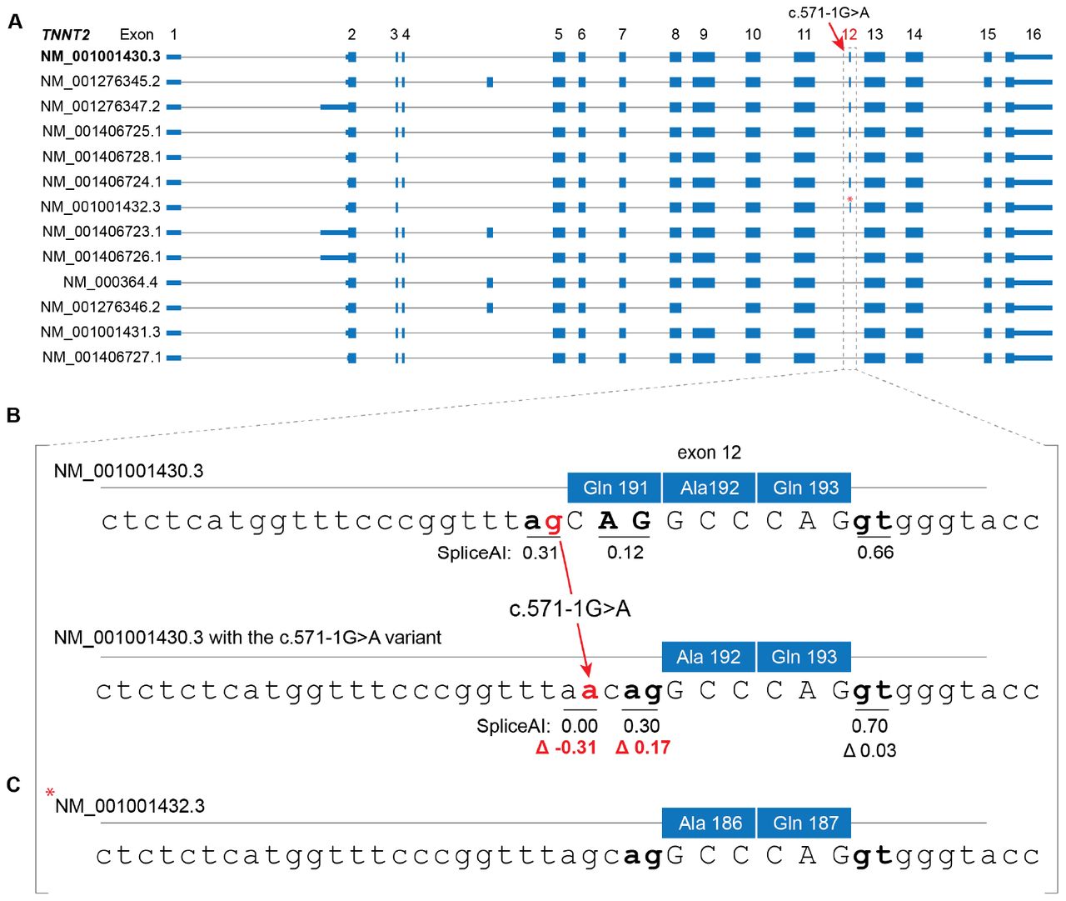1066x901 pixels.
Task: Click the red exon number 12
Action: (x=849, y=34)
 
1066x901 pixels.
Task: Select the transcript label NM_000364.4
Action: (x=110, y=282)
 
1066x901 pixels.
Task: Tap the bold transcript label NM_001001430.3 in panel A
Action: (x=101, y=56)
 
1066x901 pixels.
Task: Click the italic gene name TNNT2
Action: (x=65, y=35)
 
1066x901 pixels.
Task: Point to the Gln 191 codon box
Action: (x=614, y=488)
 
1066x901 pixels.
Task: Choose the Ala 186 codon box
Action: (x=709, y=823)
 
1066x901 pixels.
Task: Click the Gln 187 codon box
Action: (x=804, y=823)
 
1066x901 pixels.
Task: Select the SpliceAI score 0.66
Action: (x=875, y=553)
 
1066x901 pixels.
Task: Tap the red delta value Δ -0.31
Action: (x=565, y=748)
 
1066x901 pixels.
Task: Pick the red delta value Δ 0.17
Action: (x=642, y=748)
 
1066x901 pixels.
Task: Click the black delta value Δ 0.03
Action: (x=869, y=750)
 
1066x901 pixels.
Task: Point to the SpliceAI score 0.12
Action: (x=625, y=553)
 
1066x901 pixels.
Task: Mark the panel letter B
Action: (x=13, y=415)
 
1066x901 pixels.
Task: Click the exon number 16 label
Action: (x=1034, y=34)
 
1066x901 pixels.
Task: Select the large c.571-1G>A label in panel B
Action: (x=570, y=608)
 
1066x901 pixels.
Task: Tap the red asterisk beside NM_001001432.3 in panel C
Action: (x=49, y=793)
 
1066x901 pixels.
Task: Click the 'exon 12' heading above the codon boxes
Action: (x=709, y=453)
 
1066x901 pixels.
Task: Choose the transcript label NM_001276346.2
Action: (x=101, y=307)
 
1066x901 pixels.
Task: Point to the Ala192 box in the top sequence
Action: (x=709, y=488)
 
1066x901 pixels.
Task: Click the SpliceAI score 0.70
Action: (x=869, y=726)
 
